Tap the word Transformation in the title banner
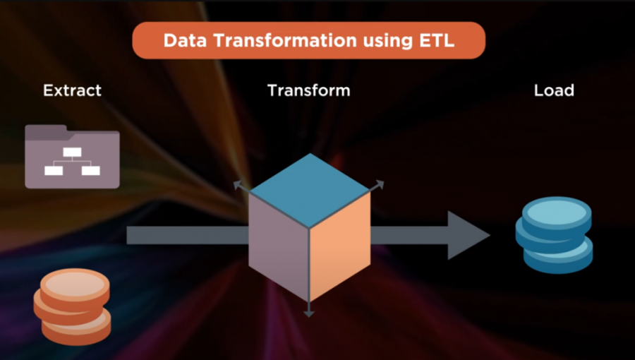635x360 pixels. coord(285,40)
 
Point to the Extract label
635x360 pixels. coord(73,90)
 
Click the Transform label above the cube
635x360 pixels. coord(309,90)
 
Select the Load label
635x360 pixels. coord(554,90)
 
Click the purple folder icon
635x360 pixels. coord(72,156)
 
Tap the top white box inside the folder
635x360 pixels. coord(72,152)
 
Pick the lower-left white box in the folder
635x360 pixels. coord(54,171)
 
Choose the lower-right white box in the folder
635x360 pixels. coord(91,171)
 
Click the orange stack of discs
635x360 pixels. coord(72,306)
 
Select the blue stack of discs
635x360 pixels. coord(555,235)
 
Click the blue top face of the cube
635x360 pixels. coord(310,191)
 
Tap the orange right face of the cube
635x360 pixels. coord(340,245)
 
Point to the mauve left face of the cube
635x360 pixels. coord(279,245)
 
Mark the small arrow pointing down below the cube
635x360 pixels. coord(309,309)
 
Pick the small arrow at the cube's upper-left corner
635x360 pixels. coord(242,186)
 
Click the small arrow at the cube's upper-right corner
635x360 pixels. coord(376,186)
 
